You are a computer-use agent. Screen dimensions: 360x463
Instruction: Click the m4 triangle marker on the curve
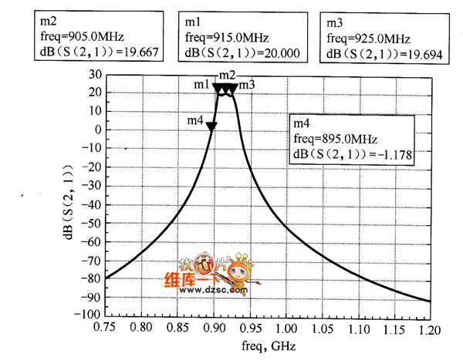(x=211, y=126)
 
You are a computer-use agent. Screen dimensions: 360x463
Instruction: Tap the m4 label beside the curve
(x=195, y=121)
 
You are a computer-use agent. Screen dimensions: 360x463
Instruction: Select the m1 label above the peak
(x=201, y=83)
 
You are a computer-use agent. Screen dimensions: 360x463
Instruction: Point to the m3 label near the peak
(x=247, y=84)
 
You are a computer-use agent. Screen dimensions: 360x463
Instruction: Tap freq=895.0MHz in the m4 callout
(x=335, y=139)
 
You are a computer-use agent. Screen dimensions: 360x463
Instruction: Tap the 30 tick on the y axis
(x=96, y=75)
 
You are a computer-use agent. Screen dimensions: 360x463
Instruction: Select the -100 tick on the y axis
(x=90, y=315)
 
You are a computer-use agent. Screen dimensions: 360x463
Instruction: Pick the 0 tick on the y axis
(x=99, y=130)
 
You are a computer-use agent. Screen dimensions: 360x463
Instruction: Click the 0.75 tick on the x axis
(x=106, y=326)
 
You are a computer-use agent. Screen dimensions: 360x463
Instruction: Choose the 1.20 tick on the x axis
(x=429, y=326)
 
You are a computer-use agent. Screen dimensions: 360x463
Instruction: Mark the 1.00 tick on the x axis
(x=286, y=326)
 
